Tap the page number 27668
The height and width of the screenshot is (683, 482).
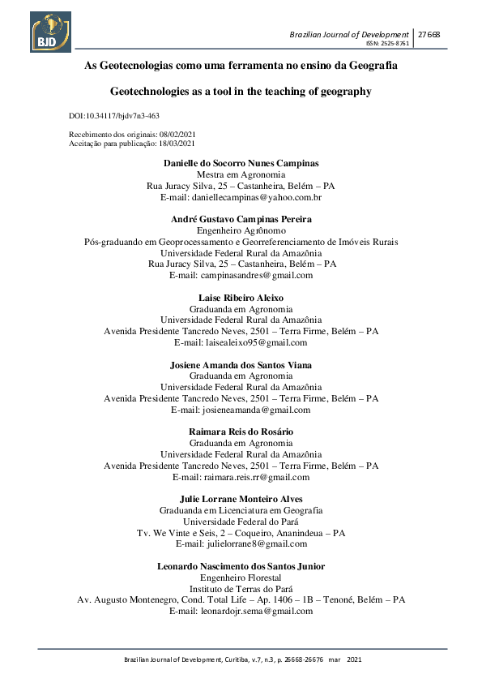[429, 33]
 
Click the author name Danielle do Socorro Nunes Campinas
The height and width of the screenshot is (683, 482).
[241, 163]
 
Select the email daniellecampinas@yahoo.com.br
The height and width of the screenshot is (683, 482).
[241, 197]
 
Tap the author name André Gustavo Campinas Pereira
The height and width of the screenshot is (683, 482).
[241, 219]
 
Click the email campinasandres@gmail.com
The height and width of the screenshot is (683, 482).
[241, 275]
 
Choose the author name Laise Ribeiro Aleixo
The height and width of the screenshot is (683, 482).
[241, 298]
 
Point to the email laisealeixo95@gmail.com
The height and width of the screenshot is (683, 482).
[241, 342]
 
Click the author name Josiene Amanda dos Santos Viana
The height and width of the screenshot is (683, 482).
[241, 365]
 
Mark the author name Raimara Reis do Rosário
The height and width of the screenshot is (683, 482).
[241, 432]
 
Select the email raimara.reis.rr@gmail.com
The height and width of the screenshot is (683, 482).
[241, 477]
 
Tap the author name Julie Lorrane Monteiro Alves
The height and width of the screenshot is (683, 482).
[241, 499]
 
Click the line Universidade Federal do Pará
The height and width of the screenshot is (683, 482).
[241, 522]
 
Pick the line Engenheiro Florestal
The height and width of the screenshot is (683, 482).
[241, 578]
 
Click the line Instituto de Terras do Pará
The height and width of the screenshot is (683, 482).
[241, 589]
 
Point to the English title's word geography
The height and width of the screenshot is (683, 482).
[346, 92]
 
